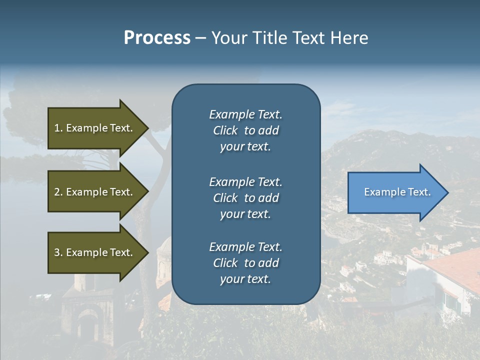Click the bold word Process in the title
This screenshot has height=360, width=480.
(x=157, y=38)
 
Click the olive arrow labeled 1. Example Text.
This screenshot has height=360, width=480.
(x=95, y=128)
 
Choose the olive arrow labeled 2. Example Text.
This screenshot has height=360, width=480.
(x=95, y=192)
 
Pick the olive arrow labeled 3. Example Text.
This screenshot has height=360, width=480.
(x=95, y=252)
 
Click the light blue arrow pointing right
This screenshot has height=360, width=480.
(x=395, y=192)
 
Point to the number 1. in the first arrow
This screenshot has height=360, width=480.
(x=58, y=128)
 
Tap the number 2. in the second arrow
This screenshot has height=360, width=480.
(x=58, y=192)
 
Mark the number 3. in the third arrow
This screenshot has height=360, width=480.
(x=58, y=252)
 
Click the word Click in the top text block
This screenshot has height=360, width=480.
(x=225, y=130)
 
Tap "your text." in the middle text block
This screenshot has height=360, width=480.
(x=245, y=214)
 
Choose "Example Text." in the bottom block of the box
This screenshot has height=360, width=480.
(x=245, y=247)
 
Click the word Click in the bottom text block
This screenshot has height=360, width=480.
(x=225, y=263)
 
